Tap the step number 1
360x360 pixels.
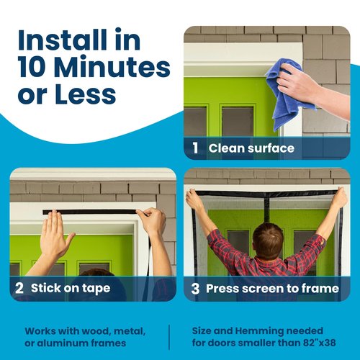point(195,148)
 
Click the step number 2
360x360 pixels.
point(20,288)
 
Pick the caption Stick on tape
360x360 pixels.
point(70,288)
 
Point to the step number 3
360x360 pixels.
point(194,288)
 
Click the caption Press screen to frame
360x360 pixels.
point(272,288)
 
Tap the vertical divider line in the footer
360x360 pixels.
point(169,336)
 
